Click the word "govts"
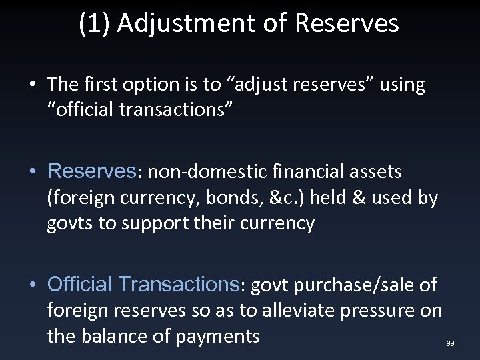[x=67, y=223]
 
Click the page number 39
[x=450, y=343]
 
